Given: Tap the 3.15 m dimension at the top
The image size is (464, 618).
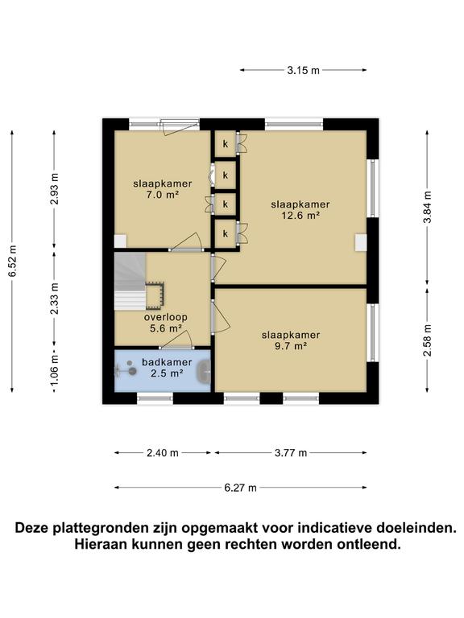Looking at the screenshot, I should pos(303,71).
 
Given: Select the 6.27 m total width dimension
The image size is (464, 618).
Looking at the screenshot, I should pos(241,488).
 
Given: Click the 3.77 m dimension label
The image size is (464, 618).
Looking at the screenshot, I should pos(292,453).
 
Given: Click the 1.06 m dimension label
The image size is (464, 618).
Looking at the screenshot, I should pos(54,373).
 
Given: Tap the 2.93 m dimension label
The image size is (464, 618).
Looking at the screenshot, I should pos(54,190).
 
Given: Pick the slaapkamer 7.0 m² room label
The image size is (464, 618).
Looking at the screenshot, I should pos(156,189).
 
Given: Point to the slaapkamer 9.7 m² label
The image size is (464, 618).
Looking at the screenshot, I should pos(291,340).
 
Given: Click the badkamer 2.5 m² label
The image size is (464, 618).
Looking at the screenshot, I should pos(167,368).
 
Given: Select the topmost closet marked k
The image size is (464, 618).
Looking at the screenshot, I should pos(226,144).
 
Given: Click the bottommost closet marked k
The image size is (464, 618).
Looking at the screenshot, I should pos(226,234).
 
